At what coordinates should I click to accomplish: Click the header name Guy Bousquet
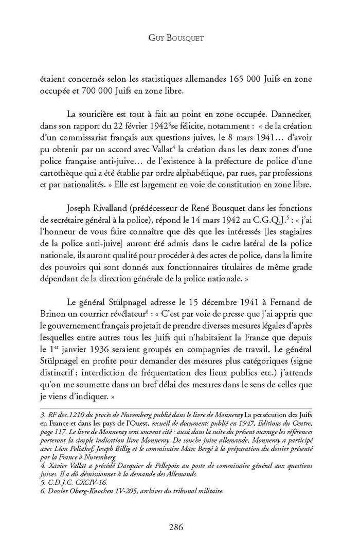pos(179,38)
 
